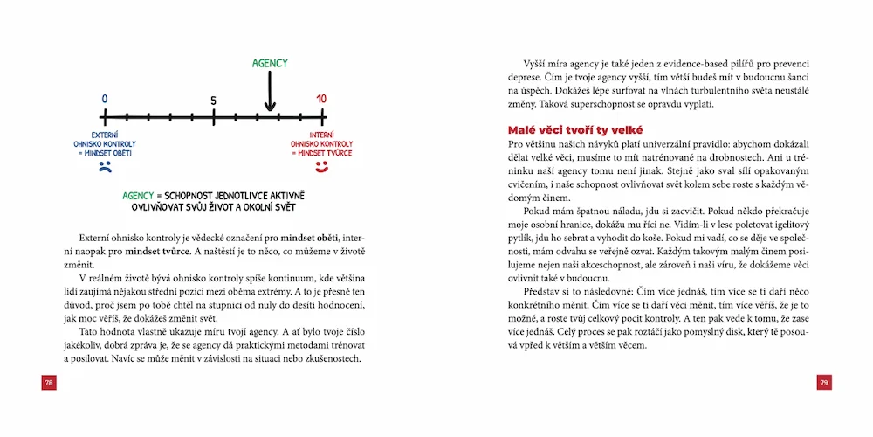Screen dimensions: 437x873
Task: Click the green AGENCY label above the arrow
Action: click(x=270, y=63)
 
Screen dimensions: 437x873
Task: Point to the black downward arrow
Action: click(x=270, y=91)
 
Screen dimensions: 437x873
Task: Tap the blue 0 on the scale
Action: click(x=105, y=99)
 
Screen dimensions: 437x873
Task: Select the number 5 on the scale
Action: click(x=213, y=101)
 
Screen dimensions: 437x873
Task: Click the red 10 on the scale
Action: click(x=321, y=99)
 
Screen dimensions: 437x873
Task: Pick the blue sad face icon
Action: click(x=105, y=164)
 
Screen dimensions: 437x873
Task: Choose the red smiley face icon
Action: click(x=321, y=164)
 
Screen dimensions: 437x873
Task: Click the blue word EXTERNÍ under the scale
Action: click(x=105, y=135)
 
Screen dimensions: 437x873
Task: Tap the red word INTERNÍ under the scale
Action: click(x=321, y=135)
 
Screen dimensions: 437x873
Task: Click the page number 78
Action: click(x=49, y=383)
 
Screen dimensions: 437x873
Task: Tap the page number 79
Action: click(x=823, y=383)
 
